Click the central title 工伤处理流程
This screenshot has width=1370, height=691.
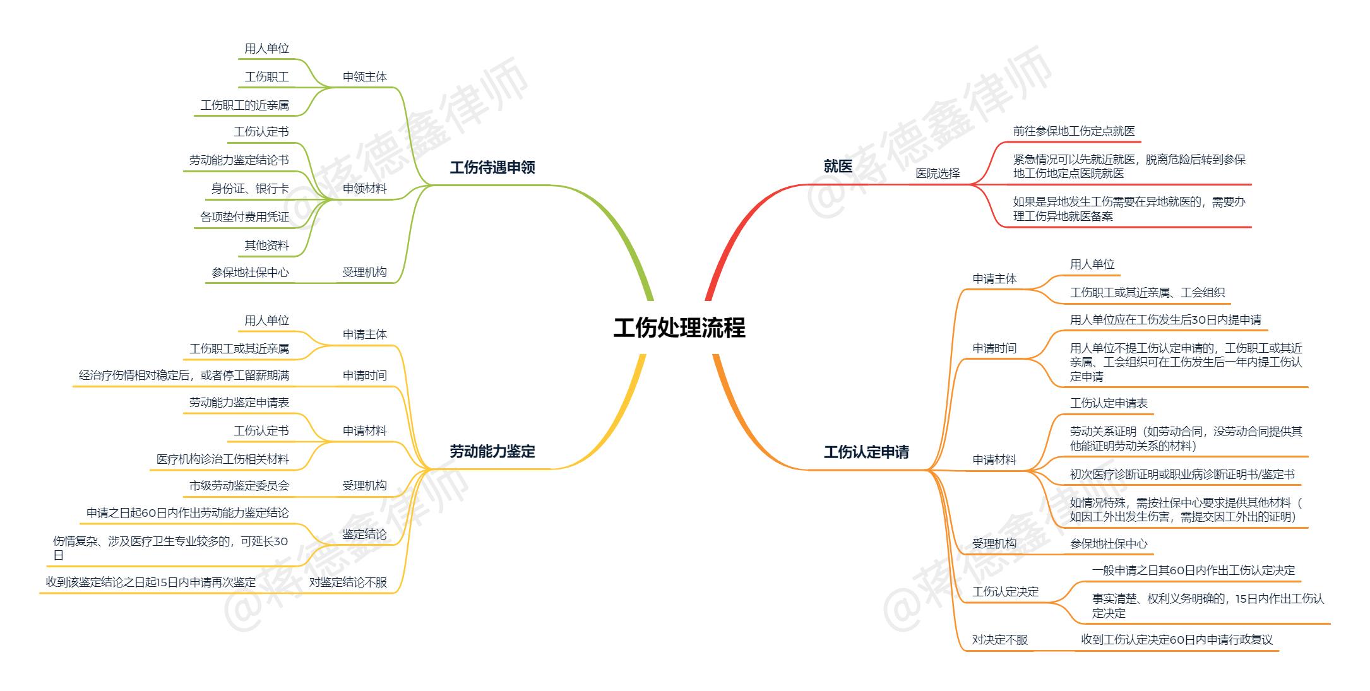(679, 328)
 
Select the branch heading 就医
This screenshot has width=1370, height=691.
(838, 167)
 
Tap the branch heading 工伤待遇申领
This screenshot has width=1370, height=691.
(492, 168)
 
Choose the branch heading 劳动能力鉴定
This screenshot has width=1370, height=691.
(492, 452)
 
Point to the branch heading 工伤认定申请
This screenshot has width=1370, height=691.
(866, 452)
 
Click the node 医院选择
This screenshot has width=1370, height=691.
(938, 174)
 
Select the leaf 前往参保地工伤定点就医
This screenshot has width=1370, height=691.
(1074, 131)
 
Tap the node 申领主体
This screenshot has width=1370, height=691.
(365, 77)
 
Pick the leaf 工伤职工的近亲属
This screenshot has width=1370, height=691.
(245, 105)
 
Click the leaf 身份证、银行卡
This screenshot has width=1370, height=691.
(250, 189)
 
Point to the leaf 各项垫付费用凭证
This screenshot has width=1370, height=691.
(245, 217)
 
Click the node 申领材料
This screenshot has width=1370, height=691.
(365, 189)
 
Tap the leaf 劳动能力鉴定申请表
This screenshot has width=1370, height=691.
(239, 403)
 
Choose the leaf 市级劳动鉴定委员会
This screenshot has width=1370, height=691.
(239, 486)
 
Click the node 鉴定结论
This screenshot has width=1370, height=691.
(365, 534)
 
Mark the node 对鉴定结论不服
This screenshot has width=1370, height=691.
(348, 582)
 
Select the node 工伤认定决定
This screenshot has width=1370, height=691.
(1005, 592)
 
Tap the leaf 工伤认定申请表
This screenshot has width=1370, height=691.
(1109, 403)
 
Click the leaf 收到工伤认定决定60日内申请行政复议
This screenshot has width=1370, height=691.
(1177, 640)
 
